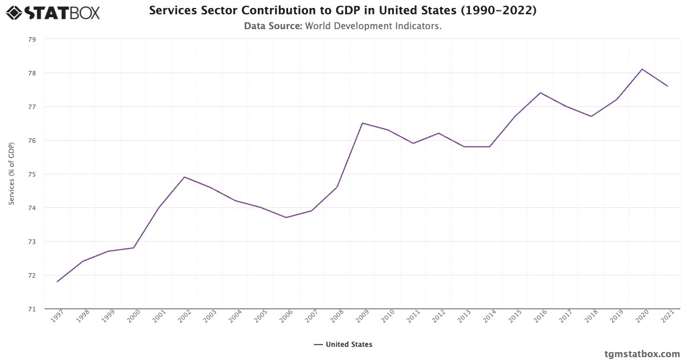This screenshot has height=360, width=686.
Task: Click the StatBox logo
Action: pyautogui.click(x=53, y=12)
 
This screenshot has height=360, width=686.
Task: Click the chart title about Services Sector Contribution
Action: pyautogui.click(x=342, y=10)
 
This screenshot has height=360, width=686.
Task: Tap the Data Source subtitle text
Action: pyautogui.click(x=342, y=26)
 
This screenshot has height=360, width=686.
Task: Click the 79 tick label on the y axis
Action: pyautogui.click(x=31, y=39)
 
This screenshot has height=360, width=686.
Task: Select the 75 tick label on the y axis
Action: pyautogui.click(x=31, y=174)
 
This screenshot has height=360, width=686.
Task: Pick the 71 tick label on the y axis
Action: pyautogui.click(x=31, y=309)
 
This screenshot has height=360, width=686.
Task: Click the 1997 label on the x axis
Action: pyautogui.click(x=57, y=317)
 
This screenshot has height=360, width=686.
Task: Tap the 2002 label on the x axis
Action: pyautogui.click(x=184, y=317)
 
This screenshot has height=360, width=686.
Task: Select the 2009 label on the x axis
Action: pyautogui.click(x=362, y=317)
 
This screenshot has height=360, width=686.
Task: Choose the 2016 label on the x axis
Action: pyautogui.click(x=540, y=317)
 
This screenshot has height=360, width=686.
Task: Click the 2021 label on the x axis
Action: pyautogui.click(x=667, y=317)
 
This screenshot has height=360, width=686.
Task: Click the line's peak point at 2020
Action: pyautogui.click(x=642, y=69)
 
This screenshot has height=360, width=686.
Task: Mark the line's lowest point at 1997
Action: pyautogui.click(x=57, y=282)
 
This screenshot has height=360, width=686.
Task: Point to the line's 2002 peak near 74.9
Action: pyautogui.click(x=184, y=177)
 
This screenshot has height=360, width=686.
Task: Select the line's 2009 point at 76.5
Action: pyautogui.click(x=362, y=123)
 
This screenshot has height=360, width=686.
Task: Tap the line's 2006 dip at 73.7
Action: pyautogui.click(x=286, y=218)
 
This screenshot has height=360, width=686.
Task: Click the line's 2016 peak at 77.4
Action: pyautogui.click(x=540, y=93)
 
